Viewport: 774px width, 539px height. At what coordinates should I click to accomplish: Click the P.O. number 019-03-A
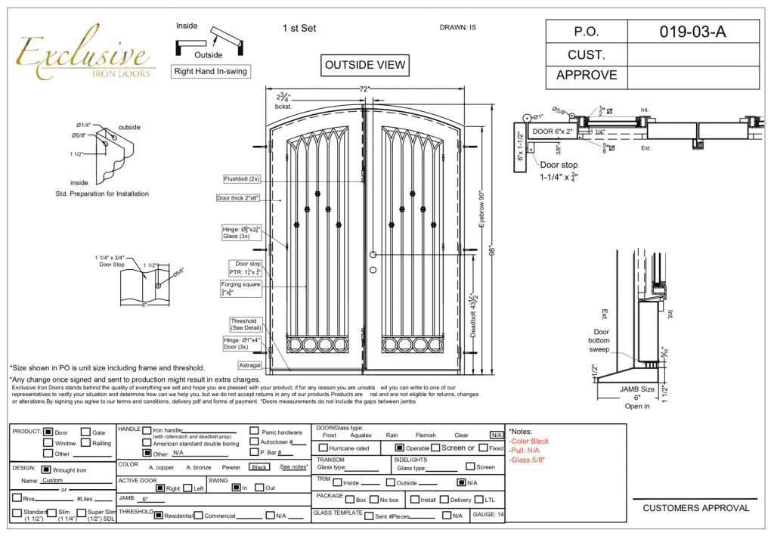click(x=692, y=33)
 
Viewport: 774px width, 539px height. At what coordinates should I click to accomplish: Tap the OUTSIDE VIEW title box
click(x=365, y=65)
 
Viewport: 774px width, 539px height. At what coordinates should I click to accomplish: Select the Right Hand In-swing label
click(x=210, y=72)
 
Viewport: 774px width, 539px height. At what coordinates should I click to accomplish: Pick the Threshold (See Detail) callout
click(x=244, y=325)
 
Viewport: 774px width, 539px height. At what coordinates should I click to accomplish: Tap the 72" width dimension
click(x=364, y=89)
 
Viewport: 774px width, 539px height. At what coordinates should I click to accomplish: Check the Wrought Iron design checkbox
click(x=48, y=469)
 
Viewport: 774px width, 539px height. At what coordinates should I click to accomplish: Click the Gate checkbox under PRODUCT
click(x=85, y=432)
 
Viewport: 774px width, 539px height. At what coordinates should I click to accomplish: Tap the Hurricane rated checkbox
click(x=323, y=448)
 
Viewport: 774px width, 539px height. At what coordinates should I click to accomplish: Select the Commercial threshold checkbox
click(x=198, y=516)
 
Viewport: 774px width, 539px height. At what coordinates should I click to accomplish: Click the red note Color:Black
click(x=529, y=441)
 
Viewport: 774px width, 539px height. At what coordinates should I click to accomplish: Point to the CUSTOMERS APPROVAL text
click(x=696, y=508)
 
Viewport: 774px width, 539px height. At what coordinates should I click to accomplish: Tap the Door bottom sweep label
click(x=601, y=342)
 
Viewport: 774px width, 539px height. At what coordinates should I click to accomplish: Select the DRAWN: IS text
click(x=457, y=28)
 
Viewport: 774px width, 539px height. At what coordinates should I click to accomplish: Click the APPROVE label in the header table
click(x=587, y=75)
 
